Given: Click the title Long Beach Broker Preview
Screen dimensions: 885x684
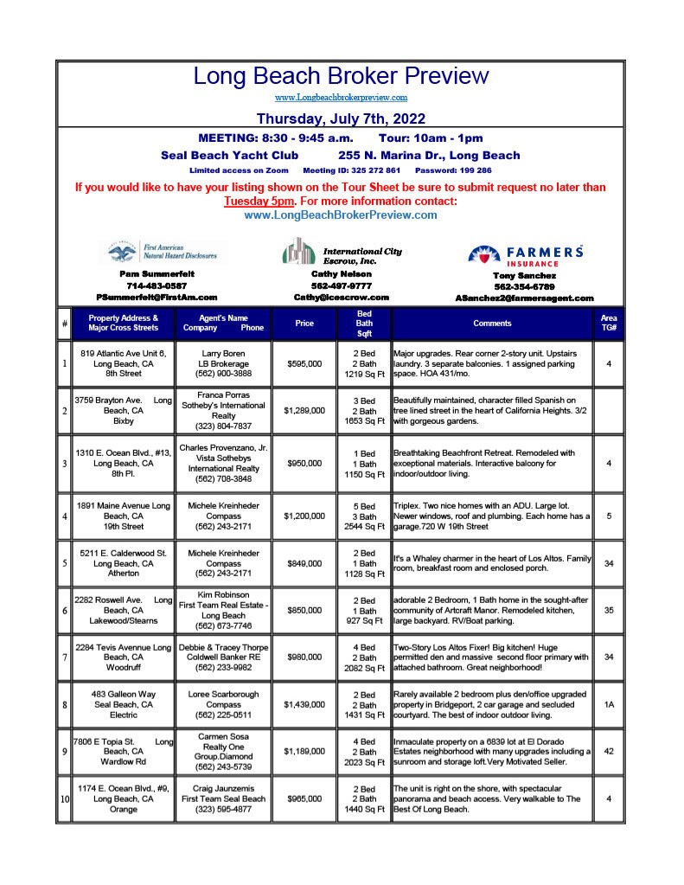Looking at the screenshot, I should click(x=341, y=75).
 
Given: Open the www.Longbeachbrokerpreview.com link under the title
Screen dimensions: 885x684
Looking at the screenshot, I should click(x=341, y=99).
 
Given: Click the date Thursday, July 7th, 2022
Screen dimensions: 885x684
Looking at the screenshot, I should click(x=341, y=119).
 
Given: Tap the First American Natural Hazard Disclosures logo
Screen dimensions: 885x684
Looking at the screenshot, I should click(x=163, y=252).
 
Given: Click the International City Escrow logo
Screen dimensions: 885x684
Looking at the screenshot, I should click(x=342, y=252).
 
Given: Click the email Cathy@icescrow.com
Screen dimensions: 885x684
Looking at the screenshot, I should click(x=342, y=297).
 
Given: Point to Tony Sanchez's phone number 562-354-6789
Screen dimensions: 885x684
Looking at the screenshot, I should click(x=524, y=286).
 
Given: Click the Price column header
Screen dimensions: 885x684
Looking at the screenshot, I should click(x=304, y=324).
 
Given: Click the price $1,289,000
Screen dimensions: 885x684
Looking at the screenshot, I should click(x=304, y=410).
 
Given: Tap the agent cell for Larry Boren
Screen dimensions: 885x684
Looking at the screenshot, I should click(x=222, y=364).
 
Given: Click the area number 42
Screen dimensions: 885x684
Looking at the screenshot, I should click(x=609, y=753).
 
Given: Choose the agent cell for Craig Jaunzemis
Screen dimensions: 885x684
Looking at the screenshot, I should click(x=222, y=799).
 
